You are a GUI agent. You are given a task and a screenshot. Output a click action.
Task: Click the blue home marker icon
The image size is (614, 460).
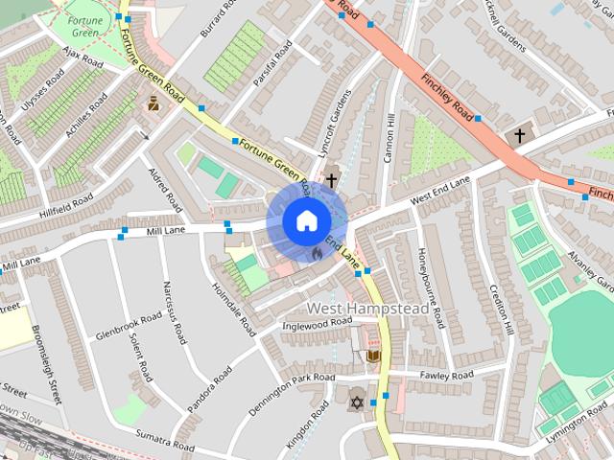tap(305, 220)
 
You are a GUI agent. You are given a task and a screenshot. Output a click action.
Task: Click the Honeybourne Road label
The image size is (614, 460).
tap(429, 287)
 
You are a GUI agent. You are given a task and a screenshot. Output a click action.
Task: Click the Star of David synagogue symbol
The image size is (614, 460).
tap(358, 402)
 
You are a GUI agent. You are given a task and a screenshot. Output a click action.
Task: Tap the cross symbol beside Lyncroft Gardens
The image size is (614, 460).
tap(331, 179)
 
